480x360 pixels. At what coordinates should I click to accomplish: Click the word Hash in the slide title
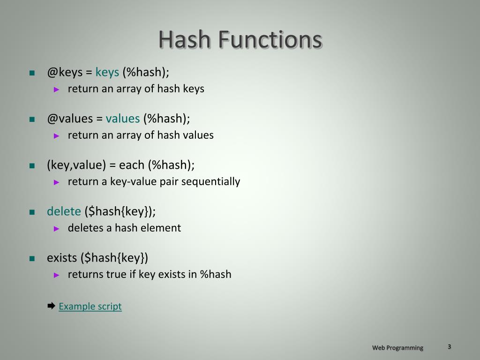click(184, 40)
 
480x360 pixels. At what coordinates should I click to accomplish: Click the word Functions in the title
click(269, 40)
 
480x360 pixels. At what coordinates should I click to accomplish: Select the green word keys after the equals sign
click(107, 73)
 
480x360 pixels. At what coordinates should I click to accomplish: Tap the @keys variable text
click(64, 73)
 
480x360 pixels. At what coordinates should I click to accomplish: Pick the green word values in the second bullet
click(123, 119)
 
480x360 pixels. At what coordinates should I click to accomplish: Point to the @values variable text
click(70, 119)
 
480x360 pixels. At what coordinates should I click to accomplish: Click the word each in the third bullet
click(132, 165)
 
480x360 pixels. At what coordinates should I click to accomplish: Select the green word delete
click(64, 211)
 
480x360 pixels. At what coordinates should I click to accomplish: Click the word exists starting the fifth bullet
click(62, 258)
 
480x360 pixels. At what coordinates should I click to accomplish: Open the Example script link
click(90, 307)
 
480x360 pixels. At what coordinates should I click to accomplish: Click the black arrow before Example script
click(52, 306)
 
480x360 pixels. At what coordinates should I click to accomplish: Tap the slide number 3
click(449, 346)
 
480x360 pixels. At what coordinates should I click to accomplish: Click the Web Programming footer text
click(397, 347)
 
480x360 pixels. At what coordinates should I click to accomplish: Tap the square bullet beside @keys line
click(32, 73)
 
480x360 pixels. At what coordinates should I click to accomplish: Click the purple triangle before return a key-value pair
click(57, 182)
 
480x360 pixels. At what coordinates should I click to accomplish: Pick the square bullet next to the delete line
click(32, 212)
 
